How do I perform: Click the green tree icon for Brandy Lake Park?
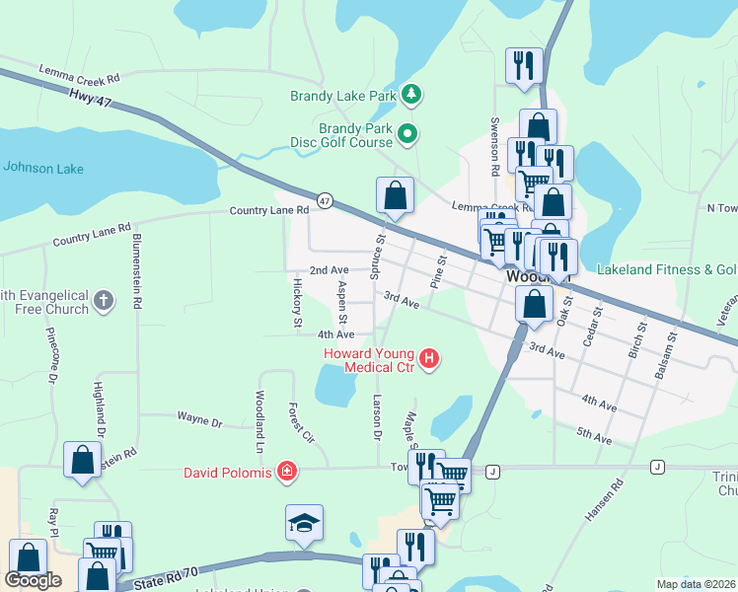pos(411,96)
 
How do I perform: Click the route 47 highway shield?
pos(325,201)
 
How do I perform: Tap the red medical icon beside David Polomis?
pos(286,473)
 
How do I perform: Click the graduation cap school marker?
pos(305,524)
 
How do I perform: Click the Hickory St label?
pos(295,301)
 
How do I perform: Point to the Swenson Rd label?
pos(494,144)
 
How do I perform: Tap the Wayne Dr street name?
pos(200,420)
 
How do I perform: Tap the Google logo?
pos(33,580)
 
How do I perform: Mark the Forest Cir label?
pos(299,422)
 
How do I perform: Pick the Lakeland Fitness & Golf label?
pos(667,269)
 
